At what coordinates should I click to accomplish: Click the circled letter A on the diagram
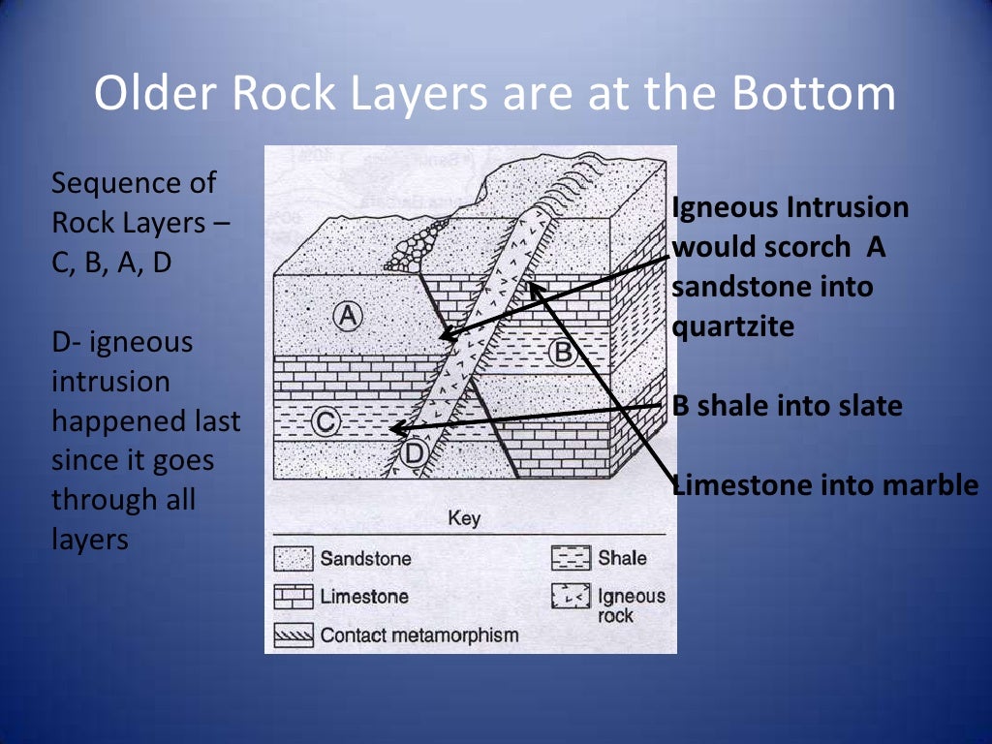pyautogui.click(x=347, y=315)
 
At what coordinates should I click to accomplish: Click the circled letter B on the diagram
pyautogui.click(x=563, y=353)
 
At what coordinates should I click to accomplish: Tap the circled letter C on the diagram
pyautogui.click(x=327, y=421)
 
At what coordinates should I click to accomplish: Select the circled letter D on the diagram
pyautogui.click(x=414, y=452)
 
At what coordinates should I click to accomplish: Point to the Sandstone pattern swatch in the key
pyautogui.click(x=294, y=558)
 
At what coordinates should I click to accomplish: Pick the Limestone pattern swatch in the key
pyautogui.click(x=294, y=597)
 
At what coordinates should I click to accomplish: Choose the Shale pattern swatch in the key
pyautogui.click(x=571, y=558)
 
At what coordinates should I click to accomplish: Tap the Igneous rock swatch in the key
pyautogui.click(x=571, y=598)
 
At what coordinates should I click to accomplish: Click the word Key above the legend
pyautogui.click(x=464, y=519)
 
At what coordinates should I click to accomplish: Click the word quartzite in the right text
pyautogui.click(x=733, y=326)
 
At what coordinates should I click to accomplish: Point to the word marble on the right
pyautogui.click(x=927, y=485)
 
